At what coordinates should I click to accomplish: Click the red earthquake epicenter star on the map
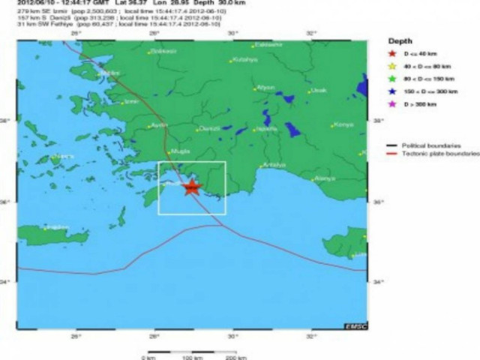click(x=192, y=187)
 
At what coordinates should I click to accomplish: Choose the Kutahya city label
click(x=244, y=60)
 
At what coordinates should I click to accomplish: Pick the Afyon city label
click(x=266, y=87)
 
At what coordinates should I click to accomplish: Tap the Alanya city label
click(x=325, y=178)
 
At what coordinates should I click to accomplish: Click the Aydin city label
click(x=159, y=124)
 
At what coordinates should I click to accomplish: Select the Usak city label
click(x=319, y=90)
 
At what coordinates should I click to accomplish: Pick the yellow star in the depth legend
click(x=391, y=67)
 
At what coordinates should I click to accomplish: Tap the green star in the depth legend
click(x=391, y=79)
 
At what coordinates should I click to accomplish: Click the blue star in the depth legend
click(x=391, y=91)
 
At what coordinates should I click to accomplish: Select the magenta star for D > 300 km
click(x=391, y=104)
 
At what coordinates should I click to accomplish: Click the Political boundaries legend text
click(x=431, y=145)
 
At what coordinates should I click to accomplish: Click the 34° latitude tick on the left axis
click(x=11, y=282)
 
